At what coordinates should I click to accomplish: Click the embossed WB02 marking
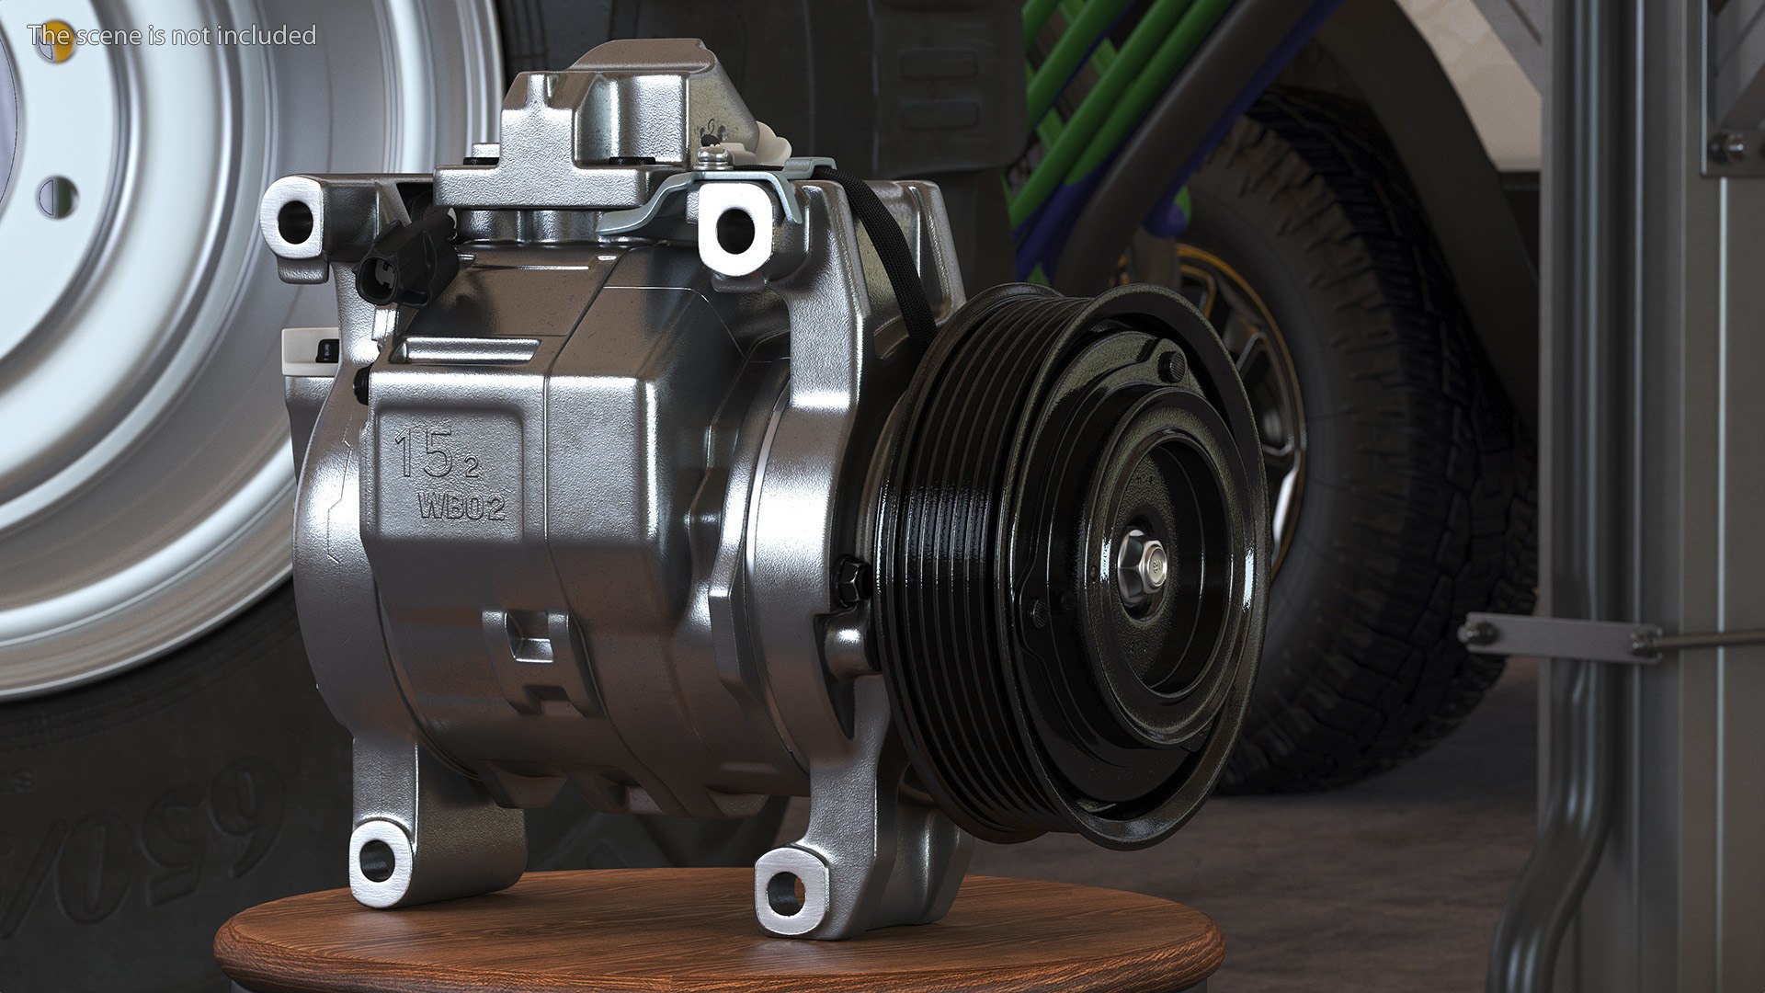(x=462, y=507)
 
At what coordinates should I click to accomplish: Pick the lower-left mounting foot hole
(x=377, y=861)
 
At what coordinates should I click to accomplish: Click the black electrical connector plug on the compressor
(x=404, y=262)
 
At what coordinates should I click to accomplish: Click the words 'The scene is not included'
(x=172, y=36)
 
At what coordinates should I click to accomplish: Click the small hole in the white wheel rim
(x=58, y=197)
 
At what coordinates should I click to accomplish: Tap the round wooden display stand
(x=717, y=938)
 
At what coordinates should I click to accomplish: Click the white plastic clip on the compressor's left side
(x=308, y=353)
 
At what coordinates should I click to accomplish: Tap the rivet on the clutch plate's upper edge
(x=1171, y=365)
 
